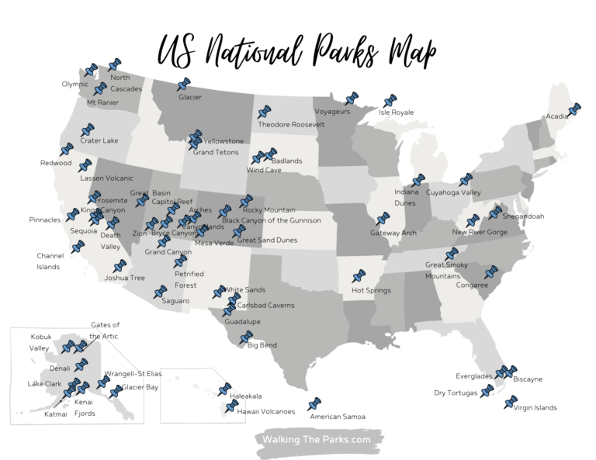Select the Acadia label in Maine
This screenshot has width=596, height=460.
coord(556,116)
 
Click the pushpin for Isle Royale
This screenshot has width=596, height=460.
coord(390,101)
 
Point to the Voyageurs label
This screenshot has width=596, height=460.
coord(332,112)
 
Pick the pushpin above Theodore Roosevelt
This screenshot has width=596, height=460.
coord(264,112)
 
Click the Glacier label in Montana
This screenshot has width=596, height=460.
coord(189,97)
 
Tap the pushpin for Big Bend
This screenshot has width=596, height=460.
coord(246,337)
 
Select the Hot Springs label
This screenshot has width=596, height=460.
coord(369,291)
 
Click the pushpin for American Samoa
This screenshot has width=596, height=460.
coord(314,404)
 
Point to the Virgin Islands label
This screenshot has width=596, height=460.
coord(535,407)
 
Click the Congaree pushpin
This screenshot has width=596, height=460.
coord(490,272)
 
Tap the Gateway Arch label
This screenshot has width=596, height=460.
coord(393,233)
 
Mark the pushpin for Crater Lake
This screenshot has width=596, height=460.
coord(87,130)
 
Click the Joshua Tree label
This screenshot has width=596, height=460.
coord(125,277)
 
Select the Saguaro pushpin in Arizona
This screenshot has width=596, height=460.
coord(161,292)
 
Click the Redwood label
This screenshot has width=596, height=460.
coord(56,163)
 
